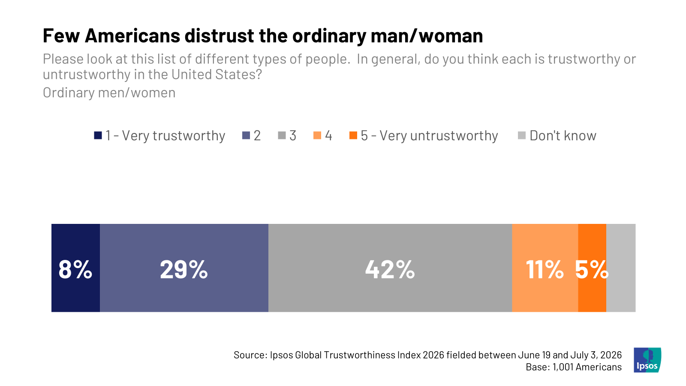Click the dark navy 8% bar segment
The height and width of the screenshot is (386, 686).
tap(75, 268)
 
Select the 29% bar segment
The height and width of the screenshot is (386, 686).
tap(184, 268)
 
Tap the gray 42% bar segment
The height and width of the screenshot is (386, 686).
tap(390, 268)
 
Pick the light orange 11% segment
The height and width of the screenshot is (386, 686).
tap(545, 268)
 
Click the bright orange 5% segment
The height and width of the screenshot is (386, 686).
tap(592, 268)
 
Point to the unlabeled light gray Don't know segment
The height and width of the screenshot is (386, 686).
tap(621, 268)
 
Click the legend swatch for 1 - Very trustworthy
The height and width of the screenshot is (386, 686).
tap(98, 136)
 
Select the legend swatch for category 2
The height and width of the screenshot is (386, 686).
tap(246, 136)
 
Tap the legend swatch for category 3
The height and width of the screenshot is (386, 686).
tap(282, 136)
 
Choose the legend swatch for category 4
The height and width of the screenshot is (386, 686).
tap(317, 136)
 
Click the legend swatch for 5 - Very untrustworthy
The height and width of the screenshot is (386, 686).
tap(353, 136)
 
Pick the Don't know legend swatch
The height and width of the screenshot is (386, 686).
tap(522, 136)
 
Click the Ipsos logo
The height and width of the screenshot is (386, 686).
tap(647, 360)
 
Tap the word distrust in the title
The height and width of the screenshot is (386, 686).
tap(219, 36)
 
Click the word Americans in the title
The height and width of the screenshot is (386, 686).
tap(132, 36)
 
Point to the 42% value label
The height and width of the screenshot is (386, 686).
tap(390, 270)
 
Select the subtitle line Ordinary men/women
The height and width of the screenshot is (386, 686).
tap(109, 93)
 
